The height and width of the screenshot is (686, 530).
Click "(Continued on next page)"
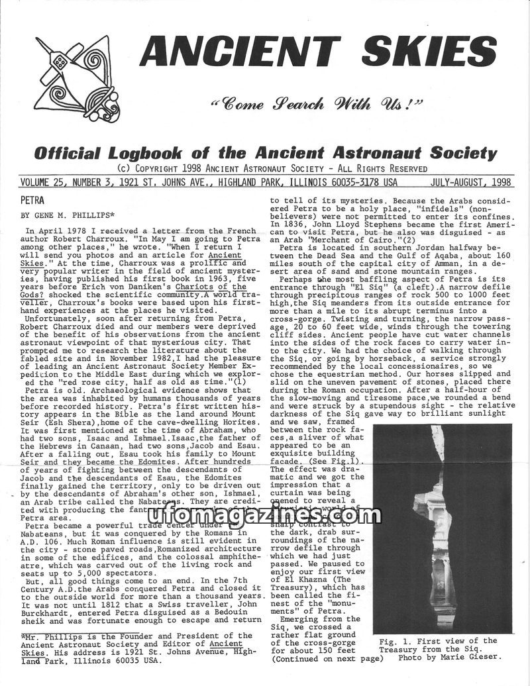coord(327,659)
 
